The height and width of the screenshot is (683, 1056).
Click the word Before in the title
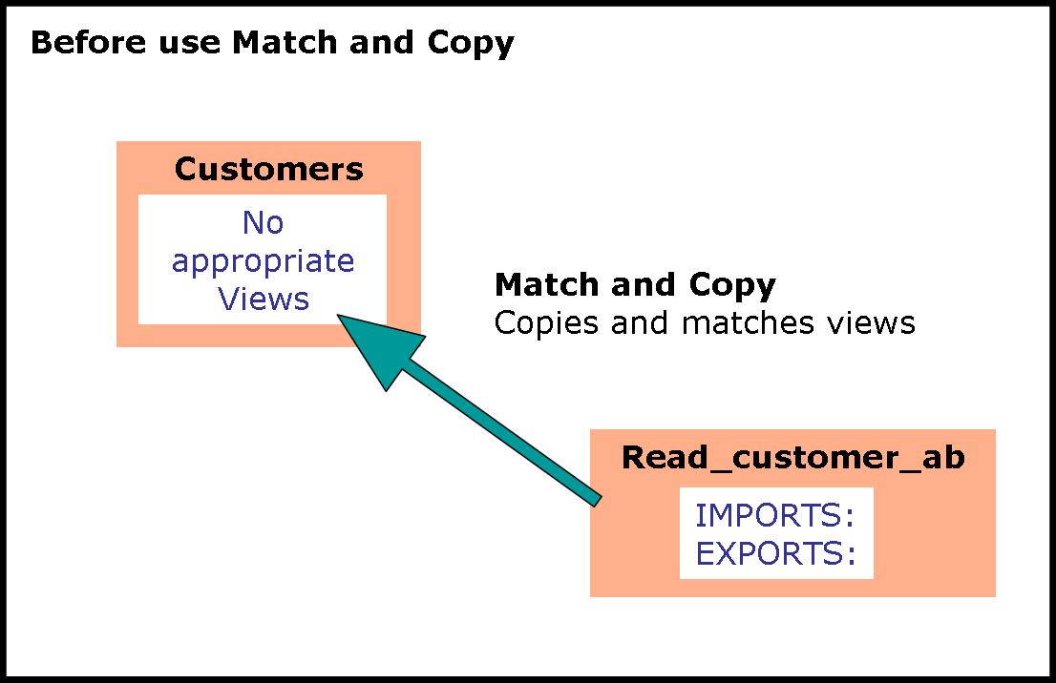point(88,42)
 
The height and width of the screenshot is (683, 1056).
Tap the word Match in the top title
point(285,42)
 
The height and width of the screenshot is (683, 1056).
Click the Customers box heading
point(268,169)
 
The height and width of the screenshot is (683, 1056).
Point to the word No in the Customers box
point(263,222)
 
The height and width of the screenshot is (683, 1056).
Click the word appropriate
point(263,261)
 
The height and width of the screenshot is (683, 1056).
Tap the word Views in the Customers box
point(264,299)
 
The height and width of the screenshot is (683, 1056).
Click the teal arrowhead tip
point(337,315)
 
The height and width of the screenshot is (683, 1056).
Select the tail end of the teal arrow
point(598,501)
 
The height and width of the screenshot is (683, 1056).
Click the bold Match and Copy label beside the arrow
point(635,285)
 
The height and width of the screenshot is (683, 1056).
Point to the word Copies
point(546,323)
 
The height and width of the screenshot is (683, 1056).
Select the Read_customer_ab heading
point(792,458)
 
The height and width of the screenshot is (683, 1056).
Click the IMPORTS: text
point(775,515)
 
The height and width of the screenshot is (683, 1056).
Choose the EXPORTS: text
point(776,554)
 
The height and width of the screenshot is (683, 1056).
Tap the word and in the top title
point(382,42)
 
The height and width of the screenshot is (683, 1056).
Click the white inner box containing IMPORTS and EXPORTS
point(776,533)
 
